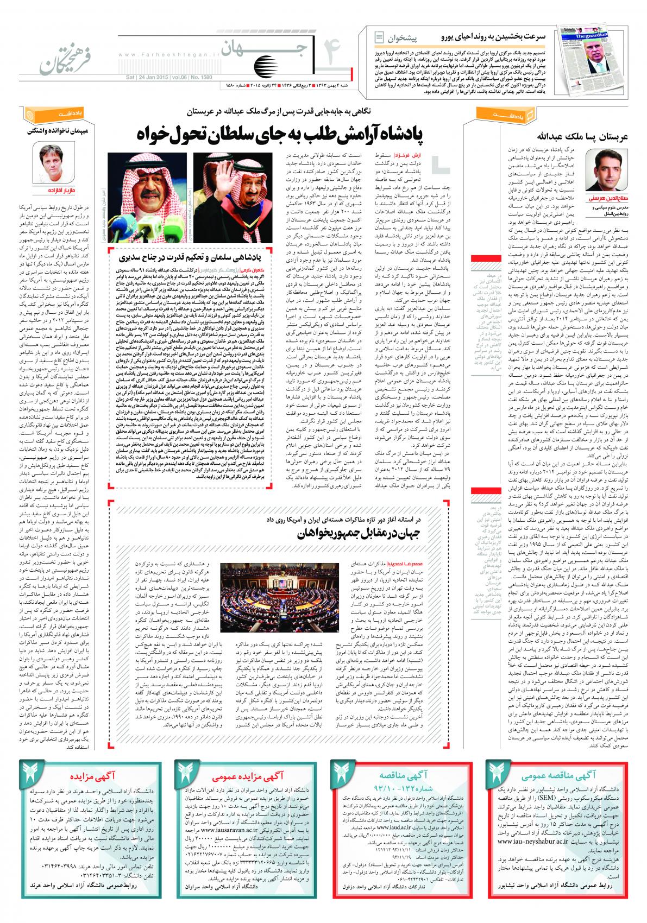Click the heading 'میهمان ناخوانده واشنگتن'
coord(58,130)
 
